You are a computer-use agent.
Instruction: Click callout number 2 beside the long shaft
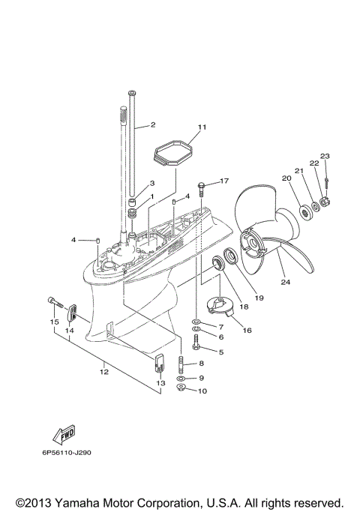coord(152,124)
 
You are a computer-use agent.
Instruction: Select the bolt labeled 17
coord(202,184)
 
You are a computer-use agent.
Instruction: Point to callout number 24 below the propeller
coord(285,283)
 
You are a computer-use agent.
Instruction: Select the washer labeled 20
coord(307,212)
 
